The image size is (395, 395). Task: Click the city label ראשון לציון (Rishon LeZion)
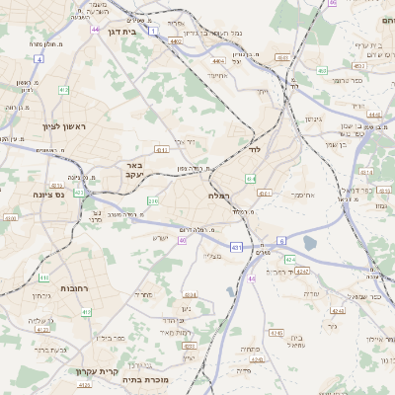[38, 127]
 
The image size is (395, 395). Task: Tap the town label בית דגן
[120, 32]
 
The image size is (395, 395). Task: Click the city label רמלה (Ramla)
[222, 197]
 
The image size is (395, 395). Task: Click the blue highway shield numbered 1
[154, 31]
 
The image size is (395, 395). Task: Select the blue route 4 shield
[38, 59]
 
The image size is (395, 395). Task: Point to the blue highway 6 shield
[280, 240]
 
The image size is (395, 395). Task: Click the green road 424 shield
[290, 259]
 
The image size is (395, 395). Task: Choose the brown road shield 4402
[176, 41]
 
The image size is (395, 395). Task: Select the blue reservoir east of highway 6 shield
[311, 243]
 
